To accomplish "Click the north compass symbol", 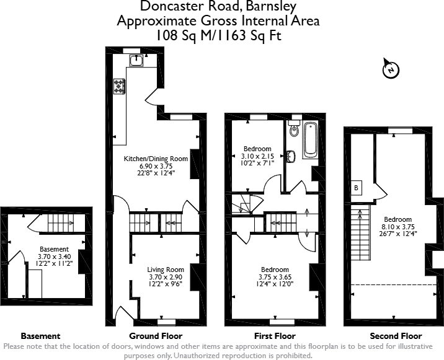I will tap(389, 69).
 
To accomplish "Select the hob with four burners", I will tap(118, 86).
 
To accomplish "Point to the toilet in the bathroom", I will tap(294, 131).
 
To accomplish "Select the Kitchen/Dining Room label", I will tap(156, 159).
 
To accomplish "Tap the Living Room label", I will tap(166, 270).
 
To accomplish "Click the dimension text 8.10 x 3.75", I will tap(397, 227).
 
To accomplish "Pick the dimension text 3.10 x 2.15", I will tap(257, 156).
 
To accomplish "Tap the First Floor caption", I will tap(275, 335).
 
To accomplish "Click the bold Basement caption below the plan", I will tap(41, 335).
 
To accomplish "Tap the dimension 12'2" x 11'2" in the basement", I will tap(55, 262).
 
